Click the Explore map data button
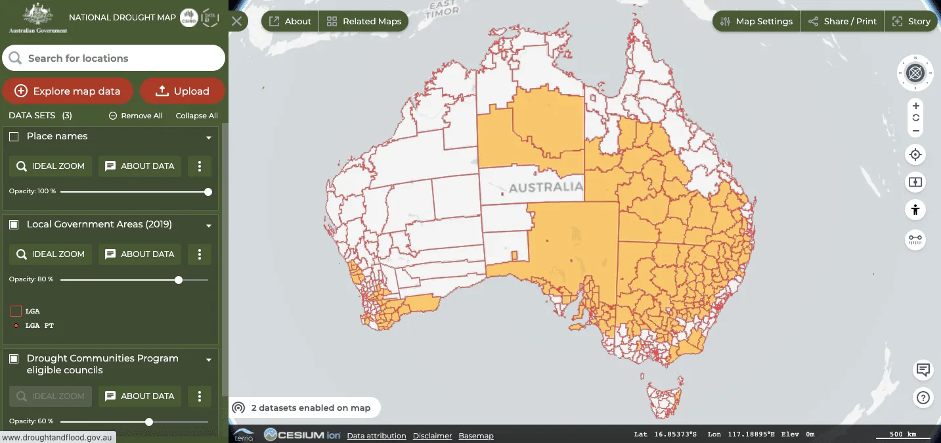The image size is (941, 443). point(67,91)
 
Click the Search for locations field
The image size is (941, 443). point(114,58)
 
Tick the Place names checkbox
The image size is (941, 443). point(14,137)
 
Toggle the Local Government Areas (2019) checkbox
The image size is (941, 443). point(14,225)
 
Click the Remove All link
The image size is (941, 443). point(135,116)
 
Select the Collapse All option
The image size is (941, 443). point(196,116)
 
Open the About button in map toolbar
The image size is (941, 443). point(290,21)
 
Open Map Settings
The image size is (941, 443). point(756,21)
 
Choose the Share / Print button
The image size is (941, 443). point(842,21)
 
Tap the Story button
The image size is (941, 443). point(911,21)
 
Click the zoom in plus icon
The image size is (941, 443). point(915,106)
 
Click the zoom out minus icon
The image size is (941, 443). point(915,131)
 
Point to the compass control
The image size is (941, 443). point(915,73)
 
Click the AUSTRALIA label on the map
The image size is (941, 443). point(546,187)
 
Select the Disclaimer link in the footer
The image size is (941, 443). point(432,436)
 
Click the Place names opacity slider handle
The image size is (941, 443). point(208,192)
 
